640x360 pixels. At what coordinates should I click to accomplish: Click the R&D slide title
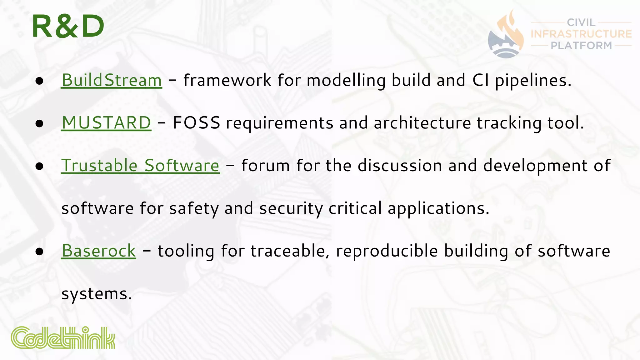[x=68, y=27]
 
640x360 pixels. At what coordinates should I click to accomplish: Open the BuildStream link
[x=112, y=80]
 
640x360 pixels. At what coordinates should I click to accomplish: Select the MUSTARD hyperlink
[x=106, y=122]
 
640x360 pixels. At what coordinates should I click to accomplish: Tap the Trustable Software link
[x=140, y=165]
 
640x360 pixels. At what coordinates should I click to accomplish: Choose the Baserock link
[x=99, y=251]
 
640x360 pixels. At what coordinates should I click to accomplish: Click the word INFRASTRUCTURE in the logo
[x=581, y=34]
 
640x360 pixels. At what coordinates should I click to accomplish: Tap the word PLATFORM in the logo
[x=581, y=46]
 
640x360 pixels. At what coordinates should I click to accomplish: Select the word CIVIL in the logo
[x=581, y=22]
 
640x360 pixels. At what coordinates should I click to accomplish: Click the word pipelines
[x=533, y=80]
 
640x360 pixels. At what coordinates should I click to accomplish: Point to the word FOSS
[x=196, y=122]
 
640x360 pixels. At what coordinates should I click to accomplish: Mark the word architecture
[x=422, y=122]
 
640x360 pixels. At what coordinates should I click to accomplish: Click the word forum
[x=265, y=165]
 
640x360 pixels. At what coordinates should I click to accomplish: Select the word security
[x=291, y=208]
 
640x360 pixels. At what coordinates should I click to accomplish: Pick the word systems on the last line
[x=96, y=294]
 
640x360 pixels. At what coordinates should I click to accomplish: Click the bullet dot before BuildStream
[x=39, y=81]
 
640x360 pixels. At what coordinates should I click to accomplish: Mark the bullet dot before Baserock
[x=39, y=252]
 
